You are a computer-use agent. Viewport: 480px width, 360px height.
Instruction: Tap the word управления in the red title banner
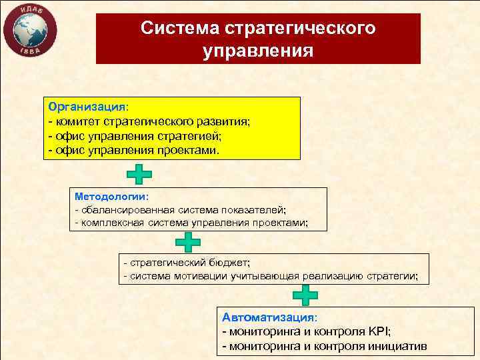click(x=258, y=51)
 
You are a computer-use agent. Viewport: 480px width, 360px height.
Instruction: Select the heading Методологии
click(x=111, y=197)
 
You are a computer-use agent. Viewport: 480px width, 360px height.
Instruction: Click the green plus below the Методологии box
click(x=188, y=243)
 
